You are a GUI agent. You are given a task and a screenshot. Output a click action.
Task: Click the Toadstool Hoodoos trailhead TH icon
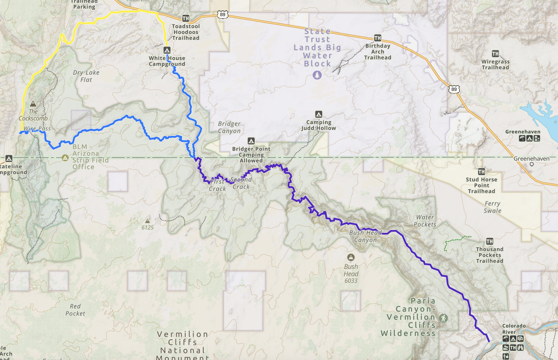tap(185, 18)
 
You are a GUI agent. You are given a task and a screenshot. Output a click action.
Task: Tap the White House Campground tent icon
tap(167, 50)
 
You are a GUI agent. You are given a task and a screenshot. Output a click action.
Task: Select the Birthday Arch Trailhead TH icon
tap(377, 38)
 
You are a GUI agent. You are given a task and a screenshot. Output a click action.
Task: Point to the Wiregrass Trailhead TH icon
tap(495, 54)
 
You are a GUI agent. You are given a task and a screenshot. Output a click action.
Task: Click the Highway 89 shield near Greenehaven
tap(454, 89)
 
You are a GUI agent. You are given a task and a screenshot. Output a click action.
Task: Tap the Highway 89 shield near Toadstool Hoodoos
tap(223, 15)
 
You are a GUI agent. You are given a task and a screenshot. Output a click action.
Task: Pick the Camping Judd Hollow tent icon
tap(319, 114)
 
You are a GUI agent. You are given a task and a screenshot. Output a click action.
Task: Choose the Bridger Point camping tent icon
tap(251, 141)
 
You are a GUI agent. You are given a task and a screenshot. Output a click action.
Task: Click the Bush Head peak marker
tap(351, 257)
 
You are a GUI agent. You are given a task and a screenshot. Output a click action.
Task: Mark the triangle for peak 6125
tap(148, 221)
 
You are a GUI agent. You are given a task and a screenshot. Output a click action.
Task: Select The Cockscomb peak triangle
tap(33, 104)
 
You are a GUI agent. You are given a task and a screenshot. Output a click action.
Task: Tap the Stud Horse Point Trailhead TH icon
tap(481, 172)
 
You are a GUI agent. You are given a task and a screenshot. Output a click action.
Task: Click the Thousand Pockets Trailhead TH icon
tap(490, 241)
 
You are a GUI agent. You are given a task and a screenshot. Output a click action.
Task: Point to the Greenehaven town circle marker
tap(531, 164)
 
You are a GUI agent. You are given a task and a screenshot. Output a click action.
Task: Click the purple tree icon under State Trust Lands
tap(317, 75)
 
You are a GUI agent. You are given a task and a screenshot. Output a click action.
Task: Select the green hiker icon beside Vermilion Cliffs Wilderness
tap(444, 318)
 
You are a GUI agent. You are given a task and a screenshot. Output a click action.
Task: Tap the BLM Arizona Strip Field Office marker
tap(65, 158)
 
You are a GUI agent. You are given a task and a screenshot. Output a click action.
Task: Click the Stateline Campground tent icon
tap(9, 159)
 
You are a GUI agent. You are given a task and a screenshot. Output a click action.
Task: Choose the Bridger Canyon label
tap(229, 127)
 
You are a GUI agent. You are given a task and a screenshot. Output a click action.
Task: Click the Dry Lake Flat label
tap(86, 76)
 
